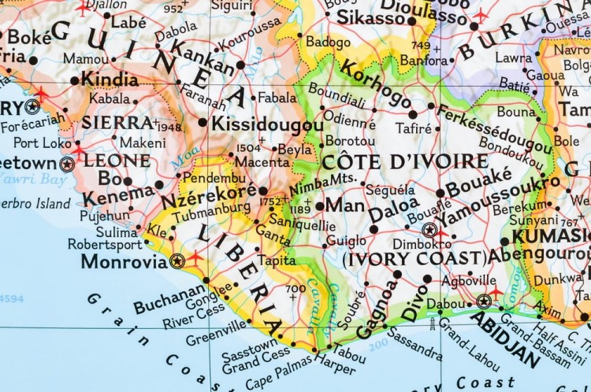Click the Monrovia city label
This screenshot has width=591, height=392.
(124, 261)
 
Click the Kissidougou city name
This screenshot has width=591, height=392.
(268, 124)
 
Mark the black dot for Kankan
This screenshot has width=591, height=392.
(240, 65)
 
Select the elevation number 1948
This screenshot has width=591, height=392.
(169, 126)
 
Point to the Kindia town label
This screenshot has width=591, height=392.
(110, 80)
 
